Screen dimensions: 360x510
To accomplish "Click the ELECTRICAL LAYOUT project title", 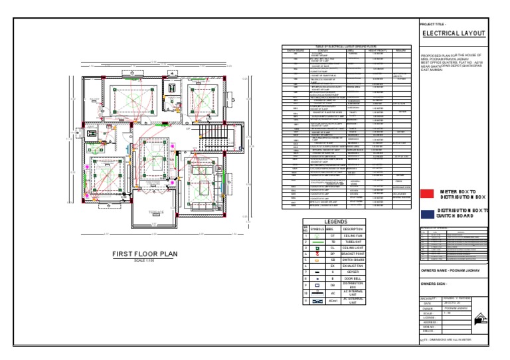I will click(454, 33).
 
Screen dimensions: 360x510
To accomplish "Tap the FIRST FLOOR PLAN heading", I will click(145, 254).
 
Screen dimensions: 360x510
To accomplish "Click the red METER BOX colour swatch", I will click(426, 194).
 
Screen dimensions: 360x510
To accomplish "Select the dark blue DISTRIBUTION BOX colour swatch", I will click(426, 213).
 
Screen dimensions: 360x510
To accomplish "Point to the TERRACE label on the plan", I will click(155, 212).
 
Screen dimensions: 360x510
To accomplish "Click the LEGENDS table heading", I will click(335, 222).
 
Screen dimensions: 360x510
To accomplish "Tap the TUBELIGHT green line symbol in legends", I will click(317, 242).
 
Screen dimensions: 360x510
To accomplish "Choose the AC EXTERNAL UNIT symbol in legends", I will click(317, 301).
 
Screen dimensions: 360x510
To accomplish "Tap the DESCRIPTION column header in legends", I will click(353, 228).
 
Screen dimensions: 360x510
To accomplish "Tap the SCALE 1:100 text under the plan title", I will click(144, 260).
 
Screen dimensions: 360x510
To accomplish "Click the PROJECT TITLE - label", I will click(434, 24).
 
